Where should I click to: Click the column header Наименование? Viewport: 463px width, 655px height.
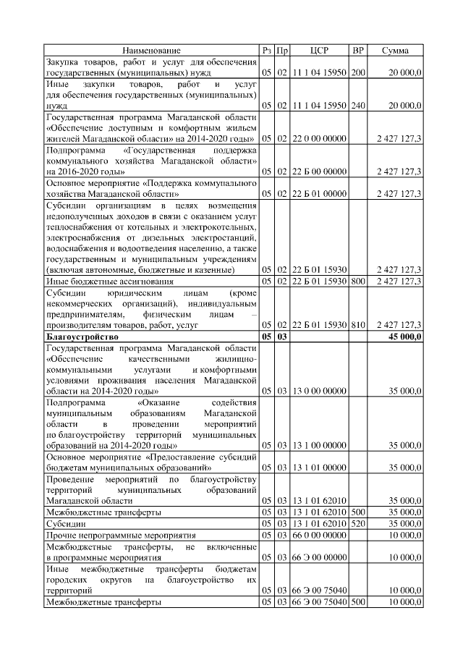151,50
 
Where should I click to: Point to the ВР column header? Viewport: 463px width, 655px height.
357,50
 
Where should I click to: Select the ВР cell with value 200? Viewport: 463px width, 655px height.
357,73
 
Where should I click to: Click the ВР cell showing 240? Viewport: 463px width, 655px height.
357,105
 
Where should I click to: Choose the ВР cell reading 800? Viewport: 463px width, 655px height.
357,281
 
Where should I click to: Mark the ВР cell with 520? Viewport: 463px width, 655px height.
357,523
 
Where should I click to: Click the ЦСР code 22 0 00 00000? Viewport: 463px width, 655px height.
319,138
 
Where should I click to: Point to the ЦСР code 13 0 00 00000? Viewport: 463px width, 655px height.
319,392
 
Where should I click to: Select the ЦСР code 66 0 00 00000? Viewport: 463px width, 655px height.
319,534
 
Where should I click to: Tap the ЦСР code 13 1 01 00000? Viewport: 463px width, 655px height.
319,468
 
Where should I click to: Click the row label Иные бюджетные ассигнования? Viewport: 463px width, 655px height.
99,281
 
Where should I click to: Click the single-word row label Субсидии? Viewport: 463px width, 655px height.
64,523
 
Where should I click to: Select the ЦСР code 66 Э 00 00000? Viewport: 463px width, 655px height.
319,557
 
